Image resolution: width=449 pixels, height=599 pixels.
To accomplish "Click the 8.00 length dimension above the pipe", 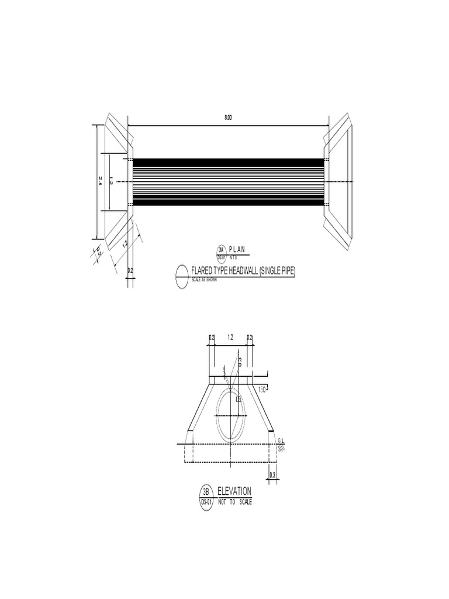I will (228, 118).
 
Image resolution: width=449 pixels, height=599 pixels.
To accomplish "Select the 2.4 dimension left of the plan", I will (101, 182).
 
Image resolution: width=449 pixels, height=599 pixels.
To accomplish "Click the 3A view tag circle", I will (222, 250).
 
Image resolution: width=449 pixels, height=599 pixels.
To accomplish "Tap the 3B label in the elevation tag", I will (206, 492).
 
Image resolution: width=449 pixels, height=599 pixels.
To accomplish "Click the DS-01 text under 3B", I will (206, 502).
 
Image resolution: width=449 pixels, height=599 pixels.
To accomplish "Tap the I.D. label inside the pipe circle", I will (237, 399).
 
